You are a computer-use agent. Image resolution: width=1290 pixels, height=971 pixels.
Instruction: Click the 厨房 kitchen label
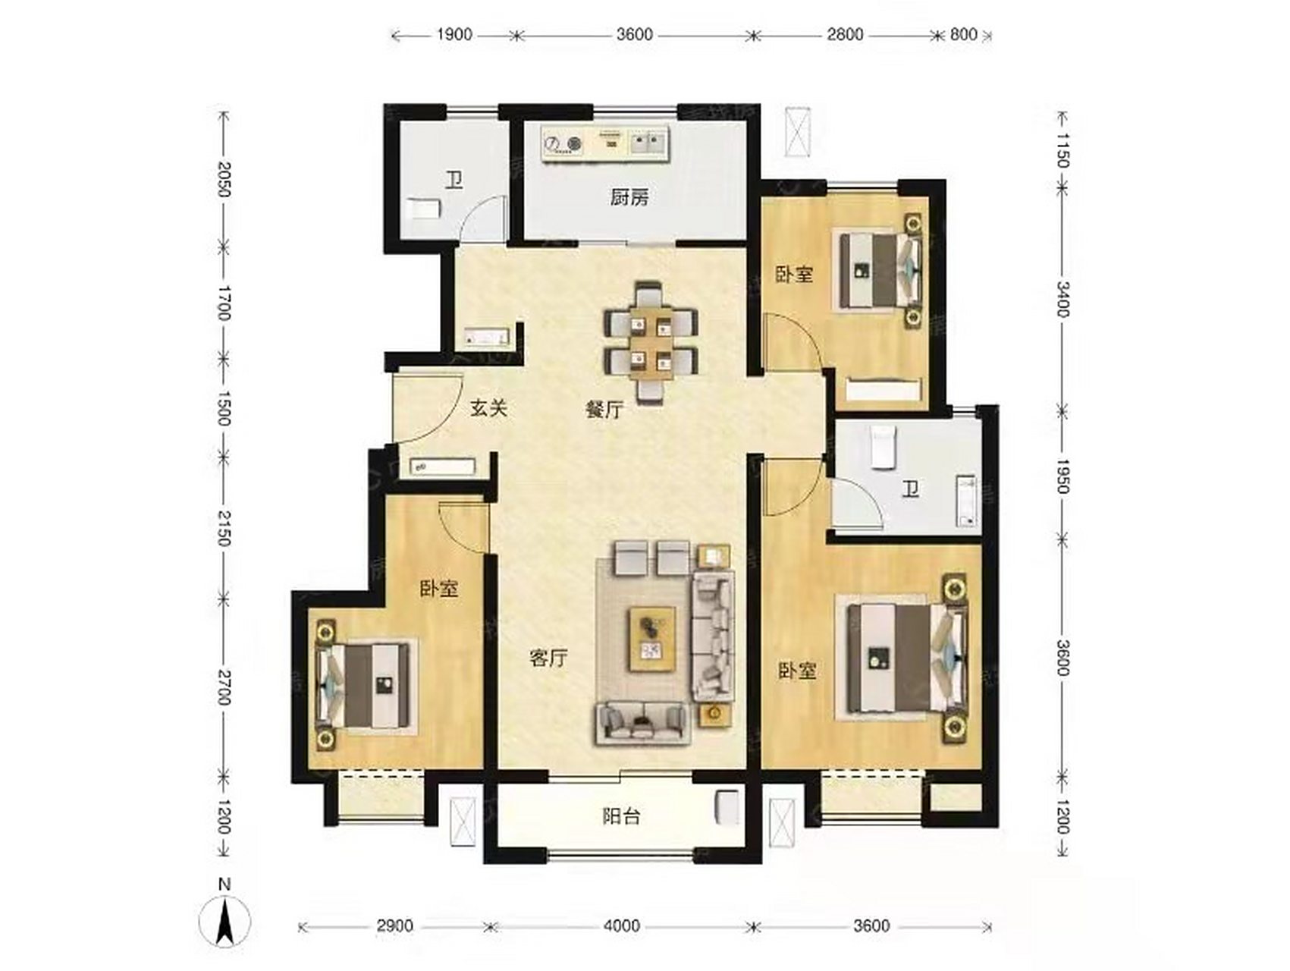click(629, 198)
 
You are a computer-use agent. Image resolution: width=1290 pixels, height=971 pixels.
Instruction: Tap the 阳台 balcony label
click(621, 816)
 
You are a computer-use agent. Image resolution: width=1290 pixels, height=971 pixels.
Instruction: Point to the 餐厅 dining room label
click(604, 410)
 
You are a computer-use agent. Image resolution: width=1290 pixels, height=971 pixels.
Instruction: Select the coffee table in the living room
click(652, 639)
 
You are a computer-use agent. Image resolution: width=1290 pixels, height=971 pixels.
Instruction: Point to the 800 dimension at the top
click(963, 35)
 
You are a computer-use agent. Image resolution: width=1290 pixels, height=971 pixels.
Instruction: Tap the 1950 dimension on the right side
click(1062, 476)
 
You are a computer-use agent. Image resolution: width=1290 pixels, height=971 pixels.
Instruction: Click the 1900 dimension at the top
click(455, 35)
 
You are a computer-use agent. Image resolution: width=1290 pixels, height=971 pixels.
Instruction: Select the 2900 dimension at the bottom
click(395, 926)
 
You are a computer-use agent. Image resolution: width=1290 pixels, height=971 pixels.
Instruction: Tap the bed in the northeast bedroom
click(880, 269)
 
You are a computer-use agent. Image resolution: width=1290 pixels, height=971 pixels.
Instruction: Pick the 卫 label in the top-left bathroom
click(454, 181)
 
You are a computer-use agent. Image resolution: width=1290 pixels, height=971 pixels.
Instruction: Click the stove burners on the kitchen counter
click(563, 143)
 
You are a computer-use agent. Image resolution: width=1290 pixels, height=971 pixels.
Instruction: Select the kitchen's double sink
click(648, 142)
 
